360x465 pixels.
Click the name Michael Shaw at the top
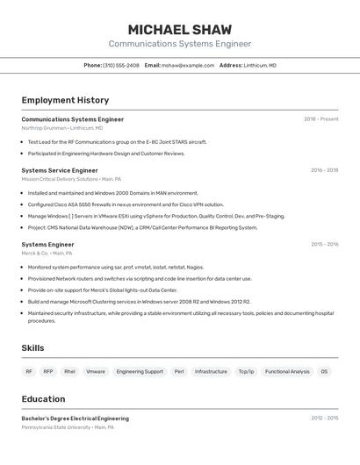coord(179,29)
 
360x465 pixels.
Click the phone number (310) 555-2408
coord(120,65)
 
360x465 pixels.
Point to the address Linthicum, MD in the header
coord(259,65)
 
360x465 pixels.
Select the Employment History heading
coord(65,100)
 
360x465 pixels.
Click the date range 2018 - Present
coord(320,119)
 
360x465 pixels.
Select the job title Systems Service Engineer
coord(60,170)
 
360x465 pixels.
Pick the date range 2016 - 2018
coord(324,170)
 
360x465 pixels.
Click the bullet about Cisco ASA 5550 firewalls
coord(126,204)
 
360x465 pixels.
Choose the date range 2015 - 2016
coord(324,245)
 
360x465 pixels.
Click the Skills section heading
coord(32,348)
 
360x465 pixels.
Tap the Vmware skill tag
coord(95,372)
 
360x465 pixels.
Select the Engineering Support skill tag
coord(140,372)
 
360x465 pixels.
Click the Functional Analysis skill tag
coord(287,372)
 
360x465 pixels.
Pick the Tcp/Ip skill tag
coord(246,372)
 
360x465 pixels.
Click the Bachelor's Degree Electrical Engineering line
coord(76,418)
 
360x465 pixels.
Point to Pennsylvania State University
coord(56,427)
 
